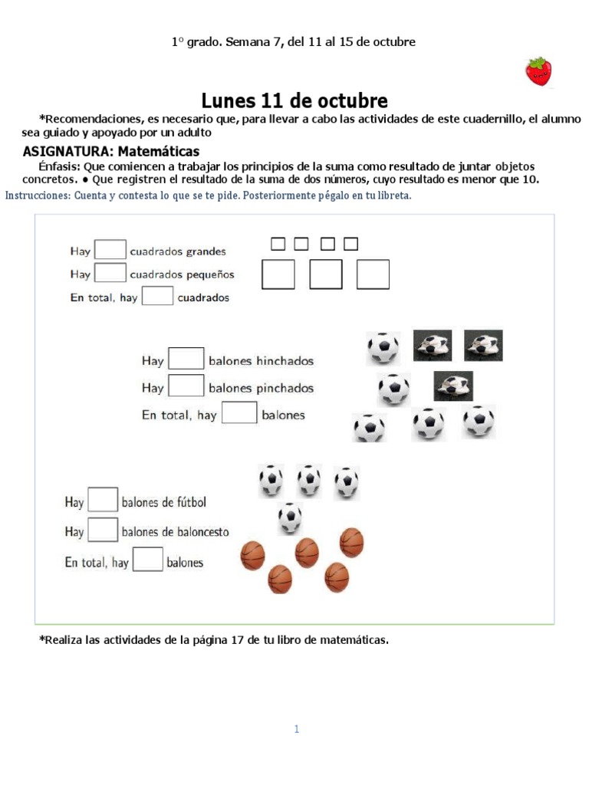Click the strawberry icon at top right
coord(540,71)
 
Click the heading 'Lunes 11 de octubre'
coord(294,101)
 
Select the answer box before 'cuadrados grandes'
coord(110,250)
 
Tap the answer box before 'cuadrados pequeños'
coord(110,273)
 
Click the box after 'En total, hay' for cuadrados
coord(157,296)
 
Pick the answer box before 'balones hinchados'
coord(186,360)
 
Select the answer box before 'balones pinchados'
coord(186,386)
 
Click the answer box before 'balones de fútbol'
coord(103,501)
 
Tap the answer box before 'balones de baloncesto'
coord(103,530)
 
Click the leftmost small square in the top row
coord(278,244)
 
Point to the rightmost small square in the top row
coord(350,244)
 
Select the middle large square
coord(326,274)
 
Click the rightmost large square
coord(373,274)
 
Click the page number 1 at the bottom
coord(296,729)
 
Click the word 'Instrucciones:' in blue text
coord(38,195)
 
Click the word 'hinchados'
coord(285,361)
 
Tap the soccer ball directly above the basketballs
coord(290,517)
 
